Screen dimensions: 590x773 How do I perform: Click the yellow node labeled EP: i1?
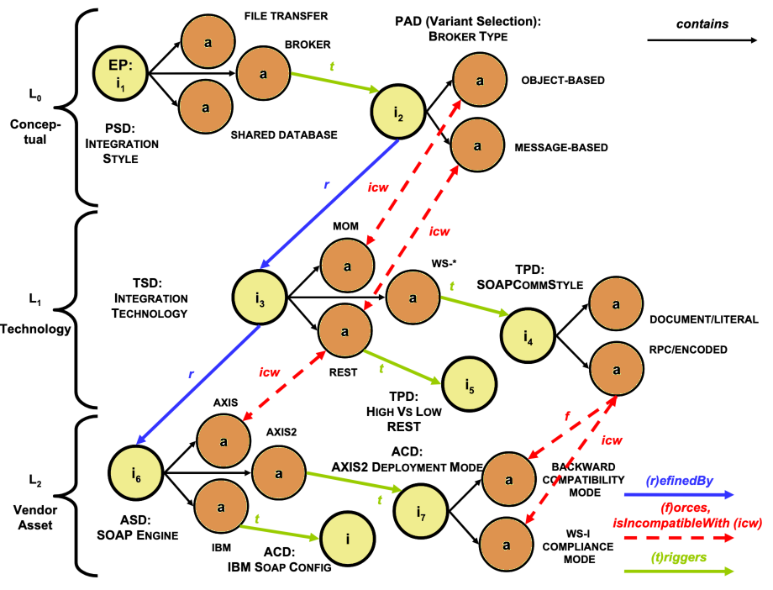[x=120, y=73]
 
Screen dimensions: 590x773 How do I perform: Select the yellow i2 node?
[x=398, y=112]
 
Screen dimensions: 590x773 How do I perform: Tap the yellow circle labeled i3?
[x=260, y=298]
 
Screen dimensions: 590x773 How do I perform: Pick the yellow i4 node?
[x=528, y=335]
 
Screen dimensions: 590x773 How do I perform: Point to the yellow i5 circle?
[x=469, y=384]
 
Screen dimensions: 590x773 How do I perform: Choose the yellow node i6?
[x=136, y=472]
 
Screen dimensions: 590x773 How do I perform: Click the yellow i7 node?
[x=421, y=511]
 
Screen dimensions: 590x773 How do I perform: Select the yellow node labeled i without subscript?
[x=348, y=538]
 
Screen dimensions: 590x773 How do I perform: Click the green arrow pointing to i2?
[x=335, y=82]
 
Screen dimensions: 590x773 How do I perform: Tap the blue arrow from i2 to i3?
[x=329, y=204]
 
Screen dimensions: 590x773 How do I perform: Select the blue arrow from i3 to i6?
[x=198, y=385]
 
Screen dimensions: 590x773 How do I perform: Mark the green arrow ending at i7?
[x=354, y=482]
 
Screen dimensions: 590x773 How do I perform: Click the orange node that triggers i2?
[x=263, y=73]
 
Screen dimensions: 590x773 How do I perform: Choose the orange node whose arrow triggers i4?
[x=413, y=297]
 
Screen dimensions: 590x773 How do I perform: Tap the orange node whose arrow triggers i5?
[x=344, y=330]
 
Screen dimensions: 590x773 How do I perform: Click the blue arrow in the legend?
[x=679, y=495]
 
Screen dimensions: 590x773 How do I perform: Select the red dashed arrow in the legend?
[x=679, y=538]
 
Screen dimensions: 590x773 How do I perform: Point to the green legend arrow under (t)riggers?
[x=679, y=572]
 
